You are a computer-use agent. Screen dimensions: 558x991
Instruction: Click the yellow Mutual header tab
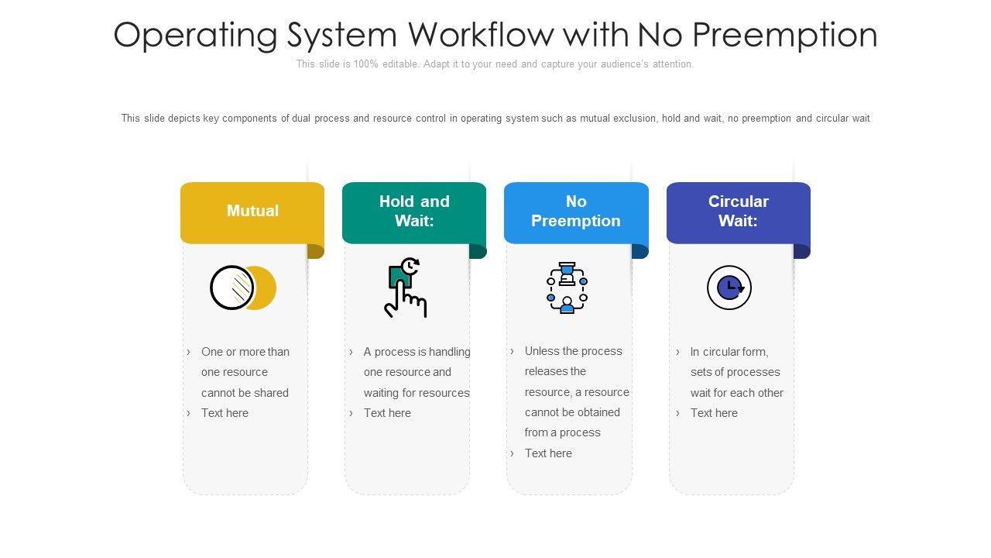(252, 212)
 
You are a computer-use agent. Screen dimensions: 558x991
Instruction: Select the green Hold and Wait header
(414, 212)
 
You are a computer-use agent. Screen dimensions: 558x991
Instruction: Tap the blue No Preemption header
(576, 212)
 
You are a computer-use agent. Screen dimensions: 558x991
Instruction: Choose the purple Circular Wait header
(738, 212)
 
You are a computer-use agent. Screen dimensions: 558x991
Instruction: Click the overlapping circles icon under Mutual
(243, 288)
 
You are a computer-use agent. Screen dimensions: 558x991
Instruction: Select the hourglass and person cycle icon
(568, 288)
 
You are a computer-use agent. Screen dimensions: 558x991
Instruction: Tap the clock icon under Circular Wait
(729, 288)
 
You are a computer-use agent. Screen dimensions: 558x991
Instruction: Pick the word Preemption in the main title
(784, 36)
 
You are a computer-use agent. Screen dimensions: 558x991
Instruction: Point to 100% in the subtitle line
(366, 64)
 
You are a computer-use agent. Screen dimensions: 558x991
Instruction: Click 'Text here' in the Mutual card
(225, 413)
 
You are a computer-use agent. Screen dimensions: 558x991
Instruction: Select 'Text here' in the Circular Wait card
(714, 413)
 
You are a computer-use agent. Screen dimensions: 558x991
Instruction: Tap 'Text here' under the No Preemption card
(548, 453)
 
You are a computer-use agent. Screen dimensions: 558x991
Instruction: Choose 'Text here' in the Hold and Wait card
(387, 413)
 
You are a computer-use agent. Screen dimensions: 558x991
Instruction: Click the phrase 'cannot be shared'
(245, 393)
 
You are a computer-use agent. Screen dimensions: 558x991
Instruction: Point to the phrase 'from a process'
(563, 432)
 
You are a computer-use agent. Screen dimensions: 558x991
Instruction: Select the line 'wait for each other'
(737, 393)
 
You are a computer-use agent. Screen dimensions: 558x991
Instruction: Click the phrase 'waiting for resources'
(417, 393)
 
